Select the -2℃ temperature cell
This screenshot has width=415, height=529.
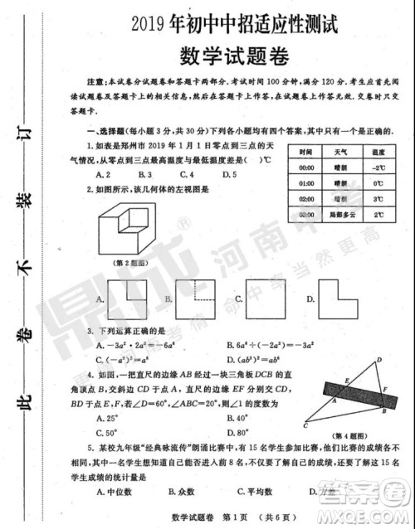point(378,167)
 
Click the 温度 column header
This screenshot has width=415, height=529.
point(378,152)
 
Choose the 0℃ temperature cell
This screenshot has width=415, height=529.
point(378,183)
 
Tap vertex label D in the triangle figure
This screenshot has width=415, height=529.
point(378,360)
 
